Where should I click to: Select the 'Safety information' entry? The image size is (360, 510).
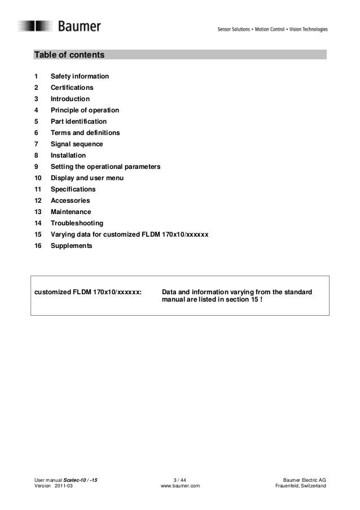pos(80,76)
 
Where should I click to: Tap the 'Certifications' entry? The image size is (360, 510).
pos(72,88)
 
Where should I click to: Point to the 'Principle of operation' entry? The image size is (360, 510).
pos(85,110)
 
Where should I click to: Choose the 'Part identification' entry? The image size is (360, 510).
pos(78,121)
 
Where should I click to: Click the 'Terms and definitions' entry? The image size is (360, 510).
pos(85,133)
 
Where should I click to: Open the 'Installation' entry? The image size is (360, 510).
pos(68,155)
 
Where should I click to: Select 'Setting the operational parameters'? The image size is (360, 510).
pos(106,167)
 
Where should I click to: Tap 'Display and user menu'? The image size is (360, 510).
pos(87,178)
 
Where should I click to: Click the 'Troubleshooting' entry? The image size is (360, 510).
pos(77,224)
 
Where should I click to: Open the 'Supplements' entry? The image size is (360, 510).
pos(71,246)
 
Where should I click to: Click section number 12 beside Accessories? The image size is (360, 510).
pos(38,200)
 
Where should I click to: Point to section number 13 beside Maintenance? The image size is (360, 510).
pos(38,212)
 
